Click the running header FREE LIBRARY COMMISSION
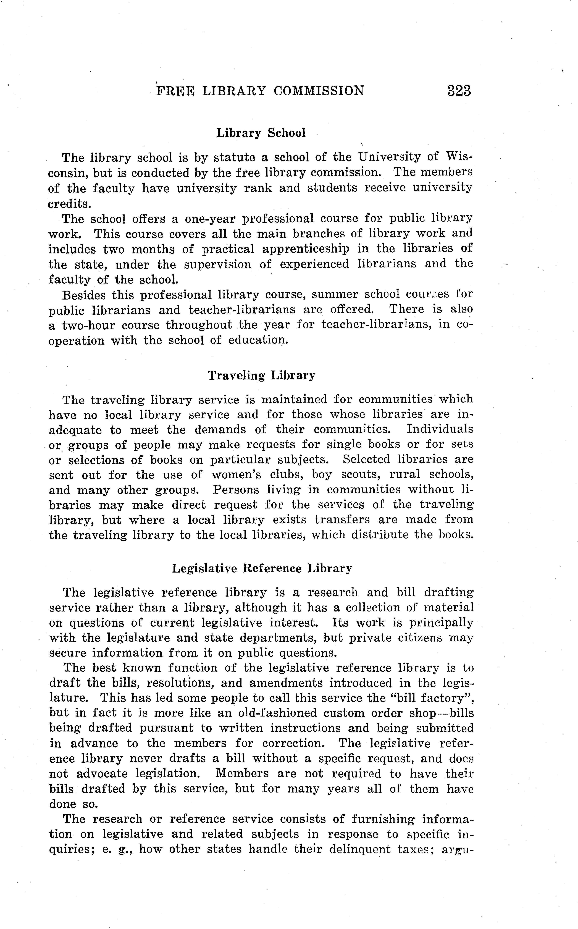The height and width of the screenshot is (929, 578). pyautogui.click(x=260, y=91)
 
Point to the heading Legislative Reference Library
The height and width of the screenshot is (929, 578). pyautogui.click(x=261, y=568)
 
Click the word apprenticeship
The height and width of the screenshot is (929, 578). pyautogui.click(x=305, y=249)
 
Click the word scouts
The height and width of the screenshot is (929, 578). pyautogui.click(x=360, y=474)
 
